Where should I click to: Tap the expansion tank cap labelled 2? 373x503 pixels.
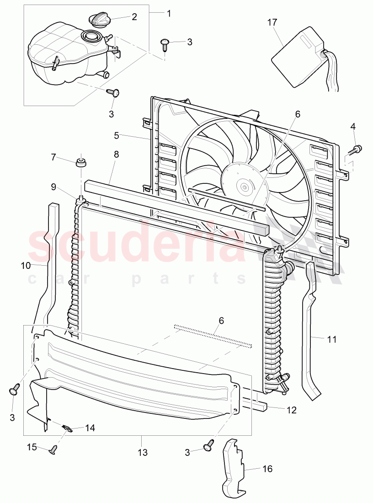coord(98,20)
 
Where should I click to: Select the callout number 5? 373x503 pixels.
coord(116,135)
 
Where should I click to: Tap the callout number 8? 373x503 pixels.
coord(116,155)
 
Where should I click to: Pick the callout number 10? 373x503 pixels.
coord(25,265)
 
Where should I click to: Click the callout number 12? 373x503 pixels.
coord(292,410)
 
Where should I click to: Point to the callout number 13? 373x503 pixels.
coord(143,453)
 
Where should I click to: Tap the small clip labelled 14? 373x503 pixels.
coord(67,428)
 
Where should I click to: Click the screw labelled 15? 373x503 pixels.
coord(53,450)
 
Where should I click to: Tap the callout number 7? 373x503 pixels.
coord(53,157)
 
